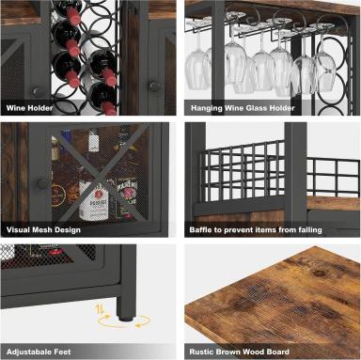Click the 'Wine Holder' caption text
coord(29,108)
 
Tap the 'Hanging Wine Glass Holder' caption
coord(243,108)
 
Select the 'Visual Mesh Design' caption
coord(43,230)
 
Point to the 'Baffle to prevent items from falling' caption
coord(256,230)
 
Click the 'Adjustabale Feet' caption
coord(39,352)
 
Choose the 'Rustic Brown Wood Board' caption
coord(239,352)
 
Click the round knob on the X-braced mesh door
coord(41,183)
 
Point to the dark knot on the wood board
coord(320,272)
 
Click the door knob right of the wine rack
coord(154,86)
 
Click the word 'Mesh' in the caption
coord(44,230)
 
